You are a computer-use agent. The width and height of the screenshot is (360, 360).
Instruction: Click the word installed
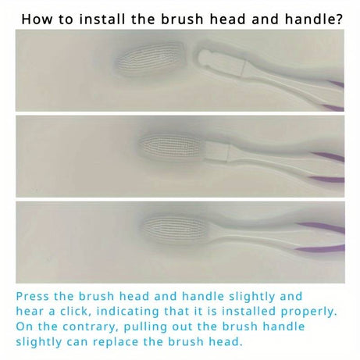(x=265, y=311)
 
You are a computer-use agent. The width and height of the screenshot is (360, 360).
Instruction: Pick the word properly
(x=319, y=311)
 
